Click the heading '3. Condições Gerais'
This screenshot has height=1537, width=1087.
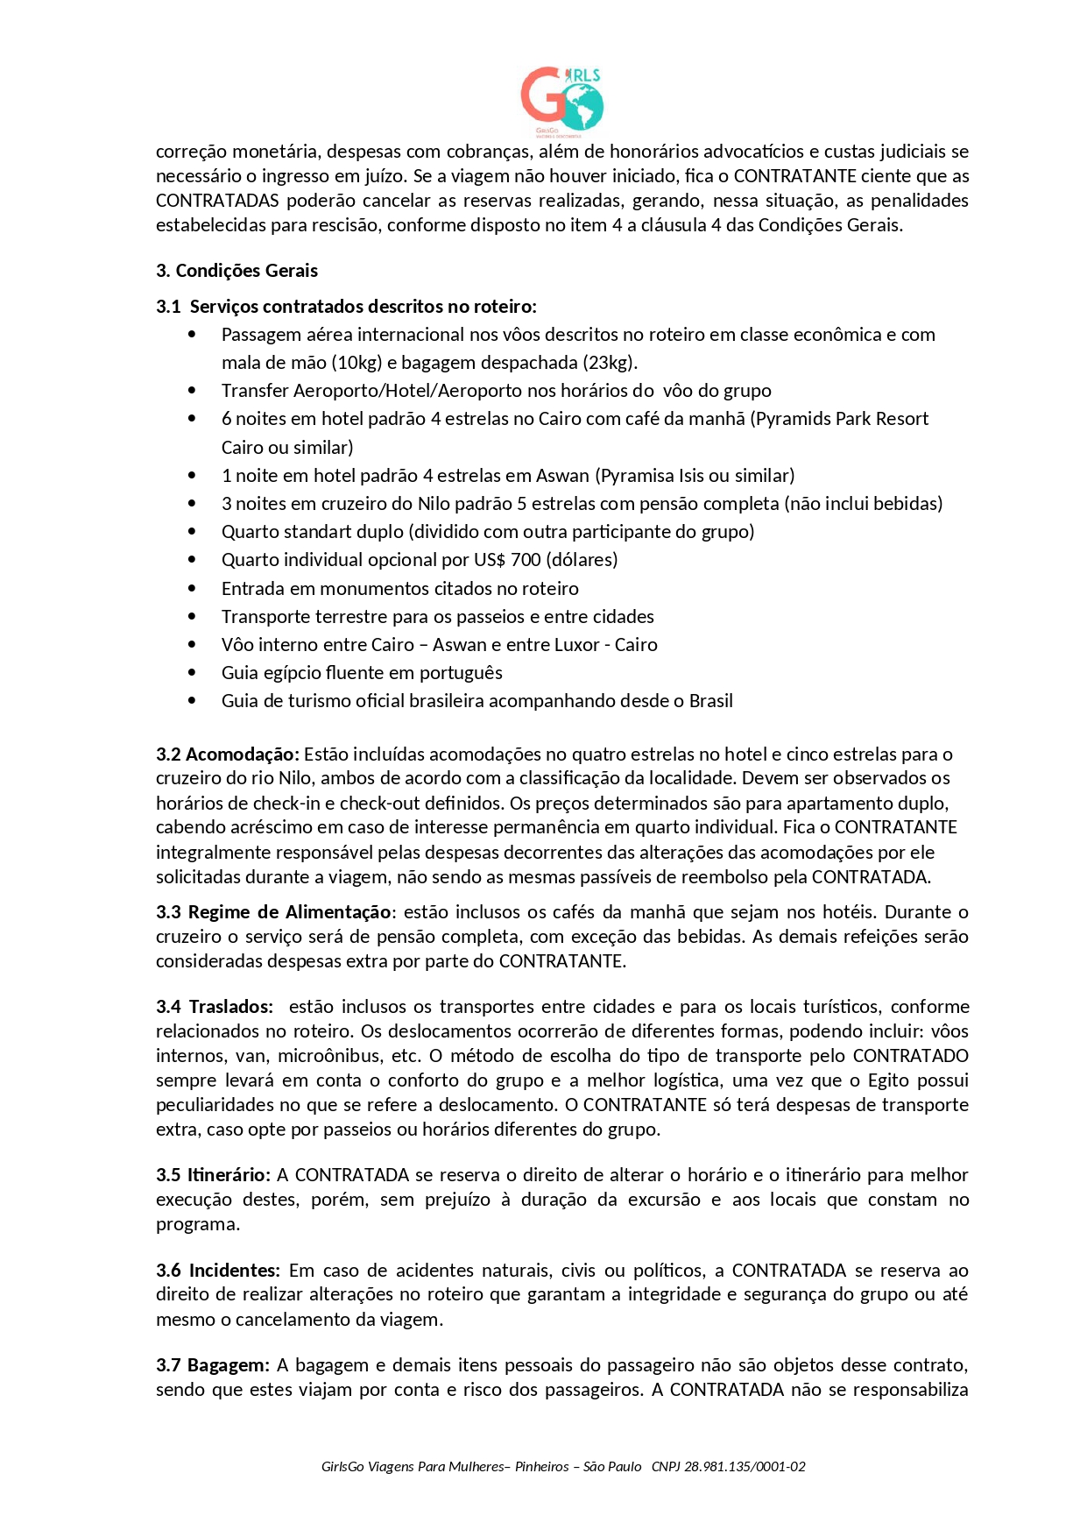point(236,271)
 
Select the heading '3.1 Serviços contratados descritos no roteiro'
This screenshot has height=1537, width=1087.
point(346,307)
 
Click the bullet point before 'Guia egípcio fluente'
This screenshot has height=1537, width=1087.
point(192,673)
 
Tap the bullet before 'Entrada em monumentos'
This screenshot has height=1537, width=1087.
point(192,589)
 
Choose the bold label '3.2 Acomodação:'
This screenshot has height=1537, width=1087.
point(228,754)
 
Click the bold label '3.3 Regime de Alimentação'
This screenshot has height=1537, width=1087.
point(273,912)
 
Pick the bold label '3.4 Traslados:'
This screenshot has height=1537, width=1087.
point(215,1007)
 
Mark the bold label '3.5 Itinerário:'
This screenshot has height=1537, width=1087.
point(213,1175)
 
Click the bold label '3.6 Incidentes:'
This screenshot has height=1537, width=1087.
point(218,1271)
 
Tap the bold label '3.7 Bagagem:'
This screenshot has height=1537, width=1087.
point(213,1365)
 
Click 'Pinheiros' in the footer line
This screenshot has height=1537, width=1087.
point(542,1467)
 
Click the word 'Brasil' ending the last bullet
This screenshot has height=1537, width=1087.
point(710,701)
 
